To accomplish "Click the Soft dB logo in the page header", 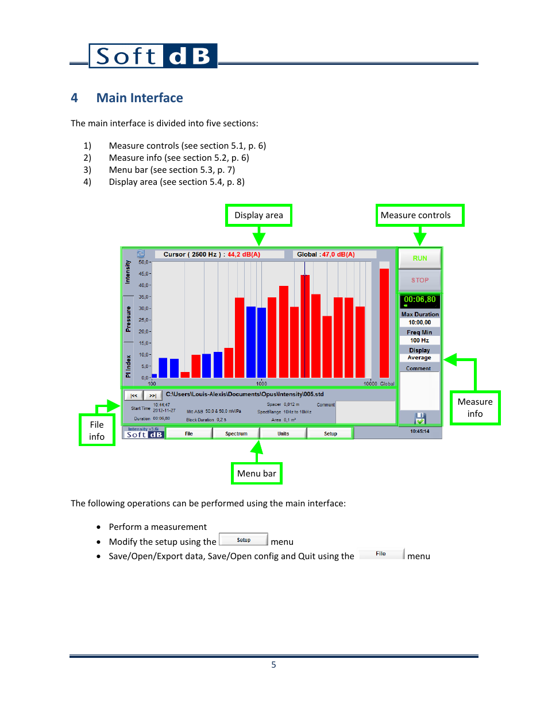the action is pos(153,56).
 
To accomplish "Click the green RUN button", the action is pos(420,258).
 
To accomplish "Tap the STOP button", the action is pos(420,280).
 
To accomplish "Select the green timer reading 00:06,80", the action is pos(420,300).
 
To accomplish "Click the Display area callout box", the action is pos(258,215).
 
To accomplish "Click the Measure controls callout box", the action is pos(419,215).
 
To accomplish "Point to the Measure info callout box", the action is pos(475,408).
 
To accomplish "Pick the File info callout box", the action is pos(97,431).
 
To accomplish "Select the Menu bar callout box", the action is pos(257,474).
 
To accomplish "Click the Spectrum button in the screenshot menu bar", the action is pos(236,433).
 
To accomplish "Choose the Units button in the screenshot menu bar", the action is pos(283,433).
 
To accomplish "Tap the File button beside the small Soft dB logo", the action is pos(189,433).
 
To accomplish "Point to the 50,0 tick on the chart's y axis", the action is pos(144,262).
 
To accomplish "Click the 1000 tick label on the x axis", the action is pos(261,383).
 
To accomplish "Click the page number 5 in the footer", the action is pos(273,665).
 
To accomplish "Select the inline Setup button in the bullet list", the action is pos(244,540).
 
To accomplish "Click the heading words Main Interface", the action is pos(140,98).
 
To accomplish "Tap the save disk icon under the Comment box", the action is pos(420,418).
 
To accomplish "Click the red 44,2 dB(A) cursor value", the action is pos(244,254).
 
